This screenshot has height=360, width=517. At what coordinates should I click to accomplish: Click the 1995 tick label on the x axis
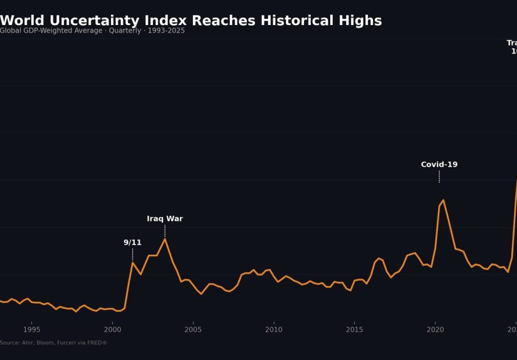(31, 329)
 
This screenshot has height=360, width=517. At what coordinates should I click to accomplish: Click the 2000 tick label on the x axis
(112, 329)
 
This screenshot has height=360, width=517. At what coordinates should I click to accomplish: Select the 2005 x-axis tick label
(193, 329)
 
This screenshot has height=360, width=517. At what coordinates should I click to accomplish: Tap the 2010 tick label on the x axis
(274, 329)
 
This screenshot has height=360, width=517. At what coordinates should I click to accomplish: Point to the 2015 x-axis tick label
(355, 329)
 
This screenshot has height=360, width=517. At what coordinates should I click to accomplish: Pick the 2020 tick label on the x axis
(436, 329)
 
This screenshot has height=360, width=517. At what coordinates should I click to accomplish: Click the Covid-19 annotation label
(439, 165)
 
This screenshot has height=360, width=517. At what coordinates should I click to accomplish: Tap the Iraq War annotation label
(165, 219)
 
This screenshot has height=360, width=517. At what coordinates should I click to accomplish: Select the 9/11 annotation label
(132, 243)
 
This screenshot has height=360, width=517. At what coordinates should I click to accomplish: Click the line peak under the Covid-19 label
(443, 200)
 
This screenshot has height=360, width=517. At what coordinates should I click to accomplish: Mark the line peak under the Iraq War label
(165, 239)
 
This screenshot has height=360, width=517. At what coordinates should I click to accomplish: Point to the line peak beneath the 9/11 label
(132, 262)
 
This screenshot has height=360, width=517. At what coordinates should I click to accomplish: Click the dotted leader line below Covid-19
(439, 177)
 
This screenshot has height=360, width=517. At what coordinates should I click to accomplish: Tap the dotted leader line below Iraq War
(165, 231)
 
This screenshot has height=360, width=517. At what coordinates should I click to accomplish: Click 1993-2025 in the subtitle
(166, 31)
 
